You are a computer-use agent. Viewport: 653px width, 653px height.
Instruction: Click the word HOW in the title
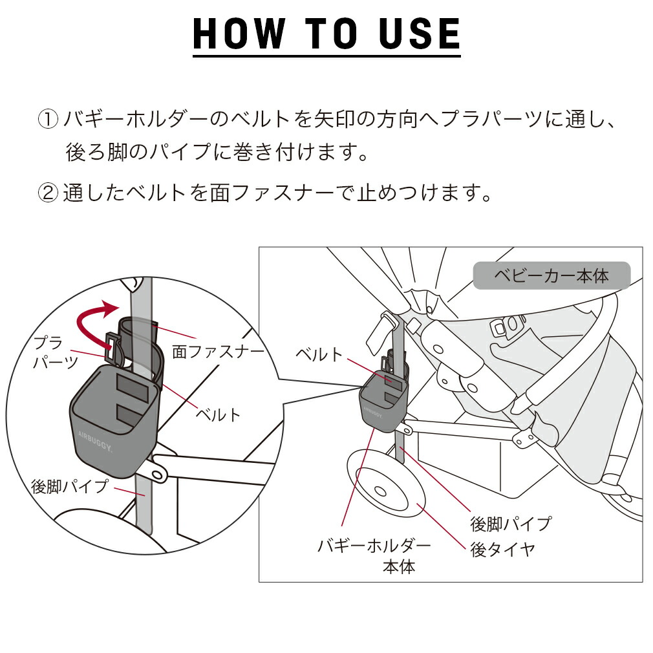click(x=239, y=34)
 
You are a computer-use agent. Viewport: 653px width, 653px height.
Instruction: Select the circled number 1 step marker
click(x=48, y=120)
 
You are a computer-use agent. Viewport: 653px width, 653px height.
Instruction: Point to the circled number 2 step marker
click(x=48, y=193)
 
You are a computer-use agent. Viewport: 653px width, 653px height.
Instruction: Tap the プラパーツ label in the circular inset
click(x=56, y=352)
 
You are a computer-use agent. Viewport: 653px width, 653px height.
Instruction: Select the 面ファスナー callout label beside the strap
click(x=218, y=351)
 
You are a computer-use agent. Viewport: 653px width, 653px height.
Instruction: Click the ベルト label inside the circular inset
click(x=218, y=414)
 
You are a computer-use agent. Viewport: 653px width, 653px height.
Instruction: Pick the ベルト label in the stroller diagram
click(x=319, y=354)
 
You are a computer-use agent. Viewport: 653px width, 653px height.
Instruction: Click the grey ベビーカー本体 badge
click(x=551, y=276)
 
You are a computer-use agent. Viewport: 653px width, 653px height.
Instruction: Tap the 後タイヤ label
click(x=503, y=550)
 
